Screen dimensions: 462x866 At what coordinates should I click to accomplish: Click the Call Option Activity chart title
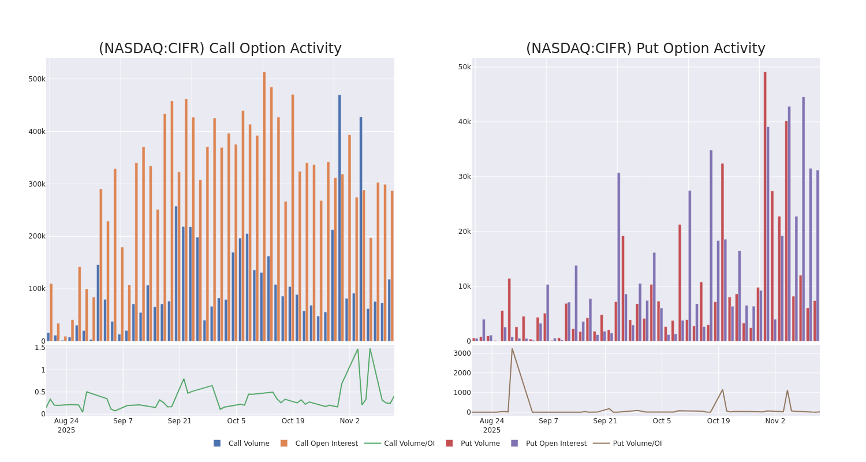tap(220, 49)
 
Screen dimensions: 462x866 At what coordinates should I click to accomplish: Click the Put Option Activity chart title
tap(645, 49)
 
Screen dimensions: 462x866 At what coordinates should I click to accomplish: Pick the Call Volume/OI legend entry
tap(400, 444)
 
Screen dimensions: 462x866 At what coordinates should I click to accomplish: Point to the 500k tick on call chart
tap(36, 79)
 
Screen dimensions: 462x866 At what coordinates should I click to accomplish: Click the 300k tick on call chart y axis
tap(36, 184)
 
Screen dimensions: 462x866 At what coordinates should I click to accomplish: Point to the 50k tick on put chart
tap(464, 67)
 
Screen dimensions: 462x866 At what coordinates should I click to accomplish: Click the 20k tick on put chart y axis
tap(464, 232)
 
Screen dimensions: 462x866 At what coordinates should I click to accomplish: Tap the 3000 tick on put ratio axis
tap(461, 353)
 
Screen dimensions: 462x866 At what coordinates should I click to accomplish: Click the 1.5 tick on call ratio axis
tap(39, 348)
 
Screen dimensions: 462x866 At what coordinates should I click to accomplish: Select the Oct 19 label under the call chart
tap(293, 421)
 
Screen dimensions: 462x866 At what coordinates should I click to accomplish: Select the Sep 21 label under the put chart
tap(605, 421)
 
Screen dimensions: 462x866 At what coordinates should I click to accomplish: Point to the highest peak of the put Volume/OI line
tap(512, 349)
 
